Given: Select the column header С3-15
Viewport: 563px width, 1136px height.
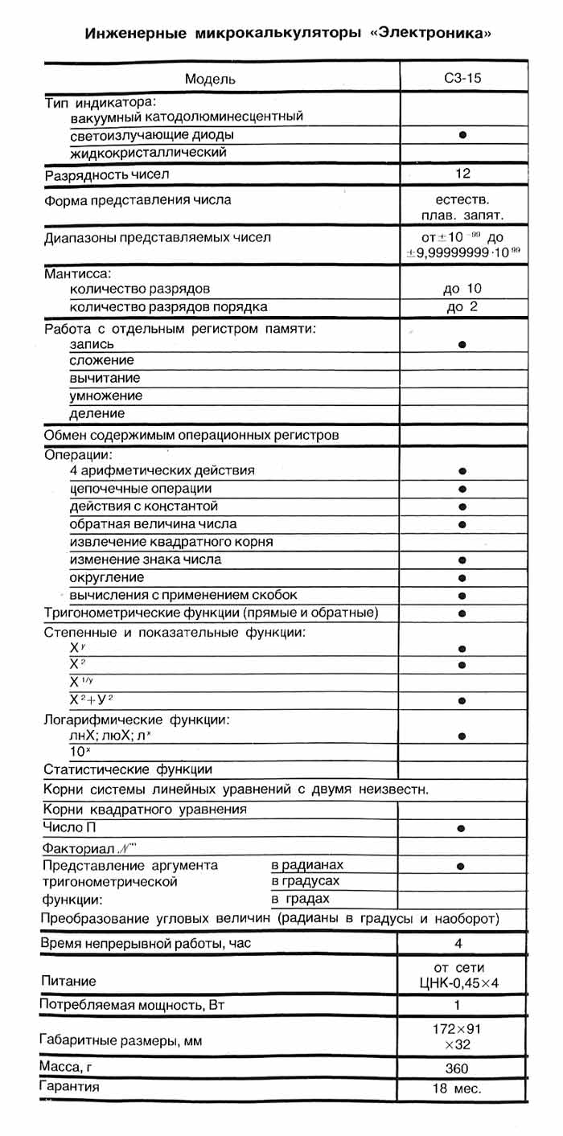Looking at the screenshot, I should click(x=462, y=79).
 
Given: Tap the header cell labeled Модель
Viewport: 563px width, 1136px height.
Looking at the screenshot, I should click(x=211, y=79).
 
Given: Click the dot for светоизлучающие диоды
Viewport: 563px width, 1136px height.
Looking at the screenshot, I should click(x=462, y=135).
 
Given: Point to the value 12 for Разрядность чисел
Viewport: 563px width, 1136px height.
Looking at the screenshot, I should click(x=462, y=174).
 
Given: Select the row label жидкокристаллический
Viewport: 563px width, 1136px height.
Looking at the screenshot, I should click(x=148, y=152).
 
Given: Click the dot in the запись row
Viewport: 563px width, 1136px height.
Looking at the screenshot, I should click(x=462, y=344).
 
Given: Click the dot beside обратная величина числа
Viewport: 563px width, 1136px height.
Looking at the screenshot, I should click(x=462, y=524).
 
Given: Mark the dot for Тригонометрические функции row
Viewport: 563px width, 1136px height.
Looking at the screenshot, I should click(x=462, y=613).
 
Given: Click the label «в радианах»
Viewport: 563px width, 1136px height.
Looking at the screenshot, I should click(x=307, y=865).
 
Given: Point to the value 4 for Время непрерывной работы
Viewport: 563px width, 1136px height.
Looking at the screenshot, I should click(x=462, y=943).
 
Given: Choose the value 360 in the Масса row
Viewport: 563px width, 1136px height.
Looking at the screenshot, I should click(x=462, y=1068).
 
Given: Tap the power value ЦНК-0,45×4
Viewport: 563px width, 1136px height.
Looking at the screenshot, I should click(x=462, y=983).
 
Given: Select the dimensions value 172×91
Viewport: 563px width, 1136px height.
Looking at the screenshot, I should click(x=462, y=1027).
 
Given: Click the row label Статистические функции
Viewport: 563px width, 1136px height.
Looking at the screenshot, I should click(x=127, y=769).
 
